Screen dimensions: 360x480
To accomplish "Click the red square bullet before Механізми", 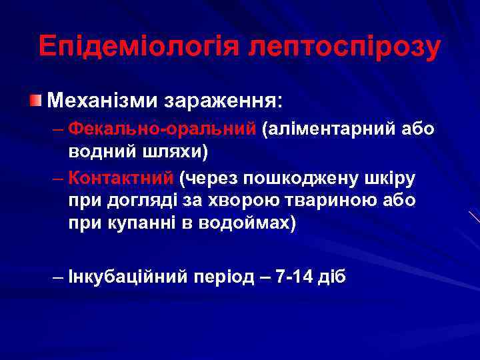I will pos(35,101).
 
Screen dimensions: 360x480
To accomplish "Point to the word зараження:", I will pos(226,102).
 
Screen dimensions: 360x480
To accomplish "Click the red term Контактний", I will pos(121,178).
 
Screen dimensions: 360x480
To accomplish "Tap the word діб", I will pos(333,277).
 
